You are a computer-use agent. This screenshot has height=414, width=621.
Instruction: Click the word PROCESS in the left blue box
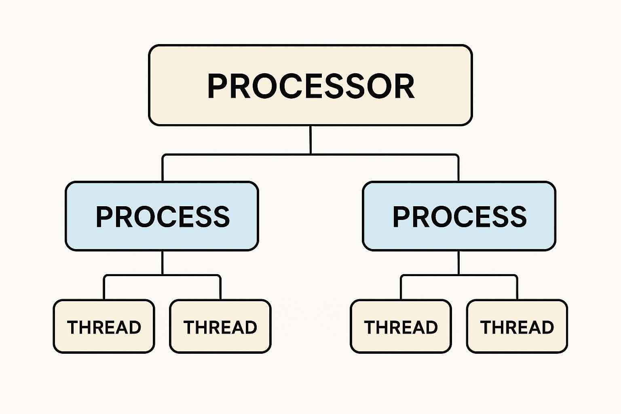click(x=163, y=217)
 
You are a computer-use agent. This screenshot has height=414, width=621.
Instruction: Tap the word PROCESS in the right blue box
click(x=460, y=217)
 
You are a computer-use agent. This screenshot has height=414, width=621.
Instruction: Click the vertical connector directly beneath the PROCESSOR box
click(x=310, y=139)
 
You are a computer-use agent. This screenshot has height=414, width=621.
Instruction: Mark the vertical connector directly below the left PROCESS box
click(x=162, y=263)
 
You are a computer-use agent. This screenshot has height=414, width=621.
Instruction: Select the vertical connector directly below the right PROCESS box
click(x=458, y=263)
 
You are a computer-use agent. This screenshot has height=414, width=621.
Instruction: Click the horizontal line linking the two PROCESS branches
click(x=243, y=154)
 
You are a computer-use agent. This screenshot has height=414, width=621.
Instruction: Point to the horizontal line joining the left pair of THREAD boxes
click(x=133, y=275)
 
